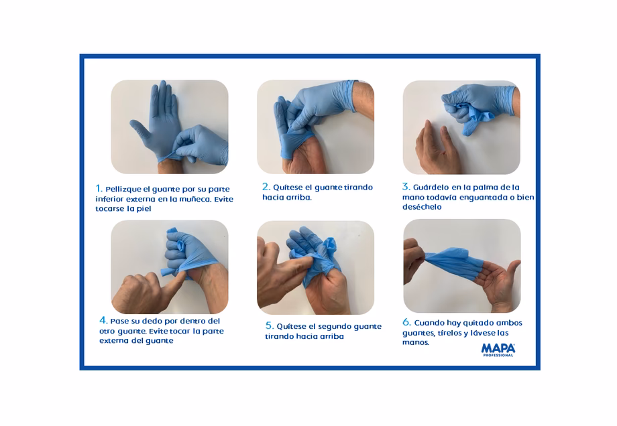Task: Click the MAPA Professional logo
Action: [498, 350]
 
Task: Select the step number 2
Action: [266, 187]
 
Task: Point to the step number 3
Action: [406, 187]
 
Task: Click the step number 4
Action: [103, 320]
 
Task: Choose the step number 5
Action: [269, 326]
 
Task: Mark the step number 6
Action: [406, 322]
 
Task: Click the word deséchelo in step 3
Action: [422, 207]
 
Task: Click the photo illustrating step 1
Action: [169, 127]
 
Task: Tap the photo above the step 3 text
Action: [461, 127]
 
